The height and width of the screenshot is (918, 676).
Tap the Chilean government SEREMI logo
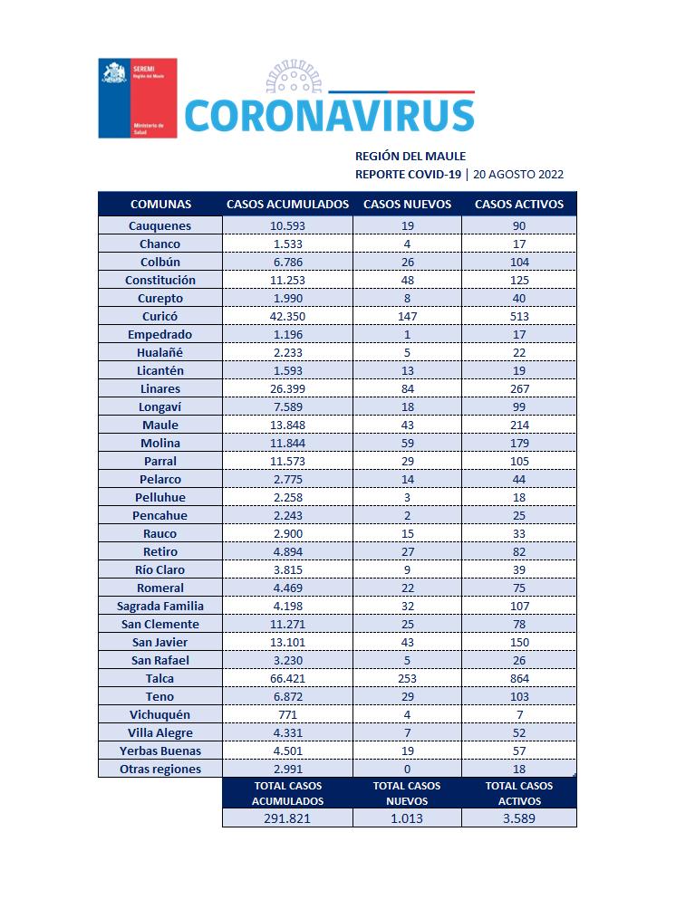[137, 98]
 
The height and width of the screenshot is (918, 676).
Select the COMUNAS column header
[160, 204]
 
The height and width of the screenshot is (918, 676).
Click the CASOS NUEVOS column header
[407, 204]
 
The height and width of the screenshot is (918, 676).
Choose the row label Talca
[159, 678]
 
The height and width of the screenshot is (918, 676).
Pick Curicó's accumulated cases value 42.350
[287, 316]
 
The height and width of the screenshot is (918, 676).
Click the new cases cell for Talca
[407, 678]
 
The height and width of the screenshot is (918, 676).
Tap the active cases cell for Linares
[519, 388]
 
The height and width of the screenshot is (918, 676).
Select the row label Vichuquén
[159, 714]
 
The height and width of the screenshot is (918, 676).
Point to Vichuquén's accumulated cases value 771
[287, 714]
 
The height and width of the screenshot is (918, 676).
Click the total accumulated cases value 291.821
[287, 818]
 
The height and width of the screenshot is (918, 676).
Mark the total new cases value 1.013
[407, 818]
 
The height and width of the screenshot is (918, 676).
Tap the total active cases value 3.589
[519, 818]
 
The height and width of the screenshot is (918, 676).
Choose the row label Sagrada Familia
[159, 606]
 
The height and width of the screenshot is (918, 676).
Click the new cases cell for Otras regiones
[407, 769]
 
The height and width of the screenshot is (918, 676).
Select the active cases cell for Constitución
[519, 280]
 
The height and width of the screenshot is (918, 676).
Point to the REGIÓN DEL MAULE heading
[410, 156]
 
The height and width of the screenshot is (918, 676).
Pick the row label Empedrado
[159, 334]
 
